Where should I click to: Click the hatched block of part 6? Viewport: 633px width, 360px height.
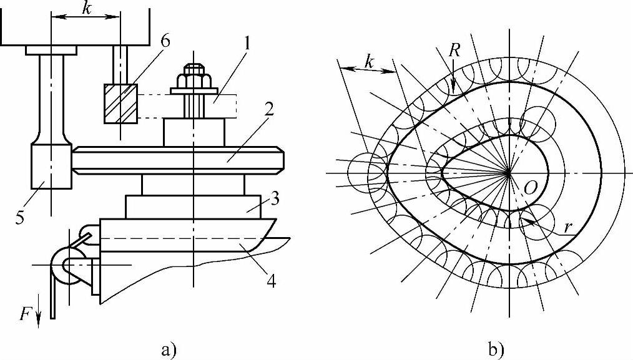click(120, 104)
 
